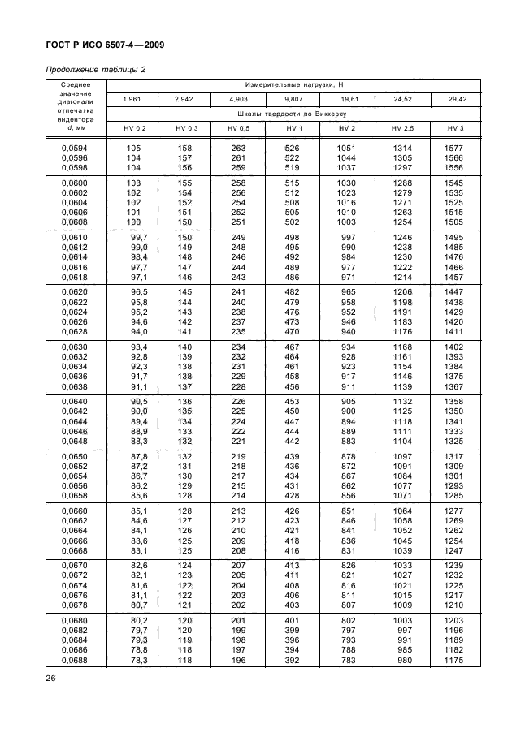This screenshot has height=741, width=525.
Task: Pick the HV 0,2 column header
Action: [134, 129]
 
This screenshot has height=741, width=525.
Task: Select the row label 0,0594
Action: [76, 148]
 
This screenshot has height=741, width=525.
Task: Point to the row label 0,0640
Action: [76, 401]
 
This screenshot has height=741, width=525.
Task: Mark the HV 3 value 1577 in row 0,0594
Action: [454, 148]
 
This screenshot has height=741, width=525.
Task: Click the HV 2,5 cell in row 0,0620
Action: [401, 291]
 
